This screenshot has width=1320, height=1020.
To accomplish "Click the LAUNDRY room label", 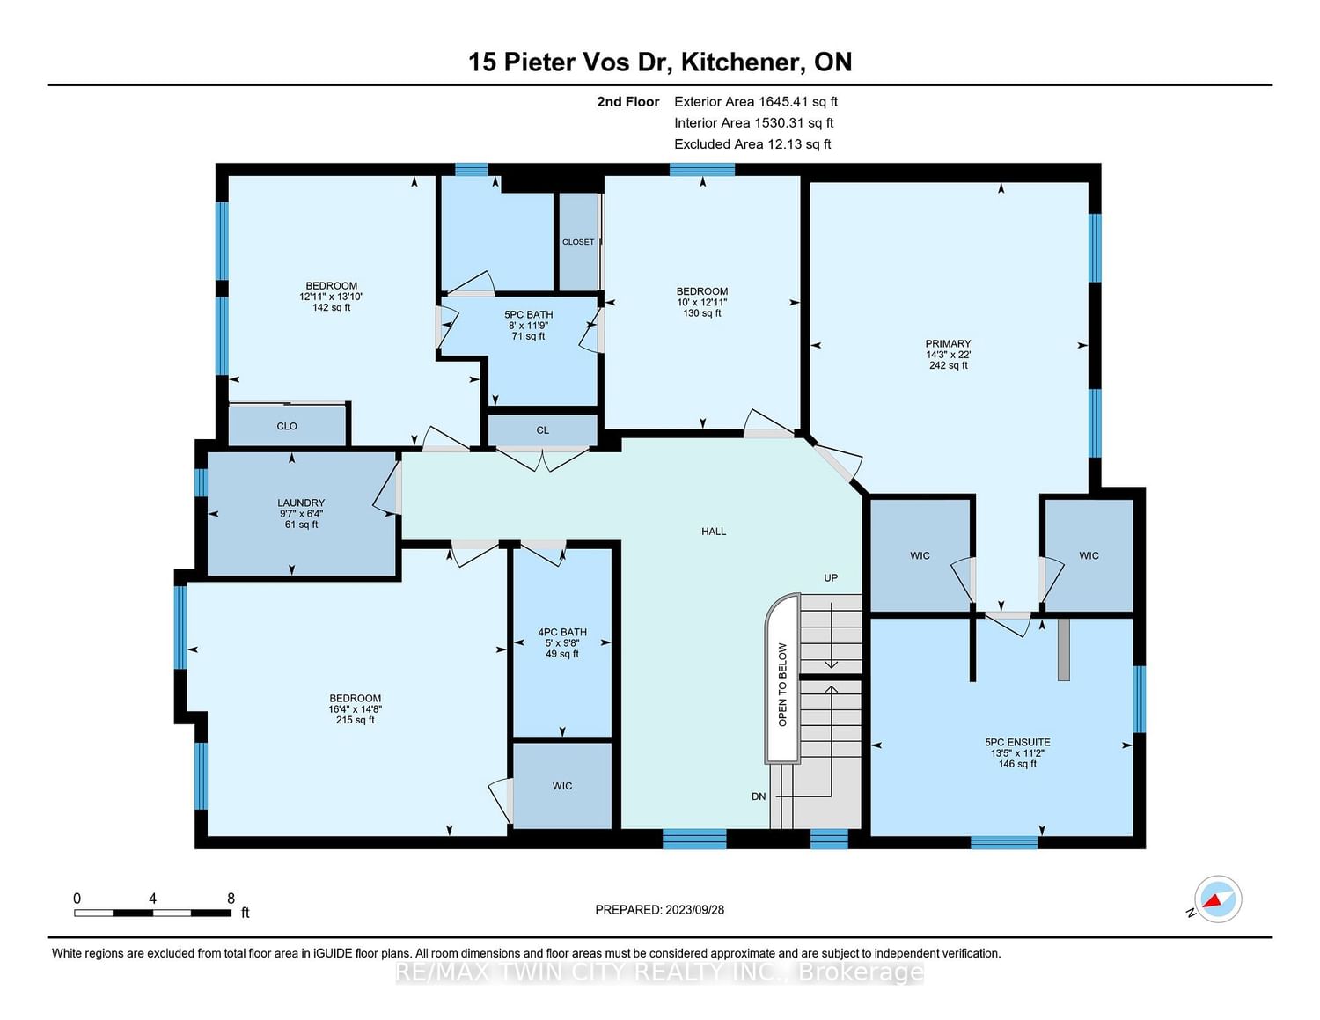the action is click(x=301, y=503).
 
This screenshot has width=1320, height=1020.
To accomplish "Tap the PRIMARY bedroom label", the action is click(x=948, y=344).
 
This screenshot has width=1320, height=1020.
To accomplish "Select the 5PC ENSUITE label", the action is click(x=1017, y=743).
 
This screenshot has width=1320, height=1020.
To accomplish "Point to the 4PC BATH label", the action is click(x=562, y=633).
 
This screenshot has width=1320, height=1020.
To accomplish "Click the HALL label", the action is click(x=714, y=532).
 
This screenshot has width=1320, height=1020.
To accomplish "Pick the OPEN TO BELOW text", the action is click(x=782, y=685).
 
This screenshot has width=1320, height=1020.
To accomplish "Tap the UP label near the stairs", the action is click(x=831, y=577).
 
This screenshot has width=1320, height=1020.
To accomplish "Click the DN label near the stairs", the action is click(x=759, y=796).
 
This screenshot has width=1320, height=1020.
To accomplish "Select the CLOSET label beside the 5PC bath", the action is click(x=577, y=242).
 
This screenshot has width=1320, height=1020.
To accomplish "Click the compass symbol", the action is click(x=1217, y=899).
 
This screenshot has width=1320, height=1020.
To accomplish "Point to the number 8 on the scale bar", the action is click(x=231, y=899).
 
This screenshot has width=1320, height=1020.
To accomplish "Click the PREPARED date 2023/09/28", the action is click(x=695, y=910).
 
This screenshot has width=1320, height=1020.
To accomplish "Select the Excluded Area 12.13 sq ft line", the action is click(x=752, y=144).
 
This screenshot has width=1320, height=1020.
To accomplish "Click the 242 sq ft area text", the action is click(x=949, y=366).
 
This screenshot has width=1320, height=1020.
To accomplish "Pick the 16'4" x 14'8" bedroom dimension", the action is click(x=356, y=709).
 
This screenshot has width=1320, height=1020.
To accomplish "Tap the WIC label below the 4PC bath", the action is click(x=562, y=786).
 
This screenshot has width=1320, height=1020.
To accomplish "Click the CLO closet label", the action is click(x=287, y=427).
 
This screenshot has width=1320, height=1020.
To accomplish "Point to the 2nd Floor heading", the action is click(x=628, y=102).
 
